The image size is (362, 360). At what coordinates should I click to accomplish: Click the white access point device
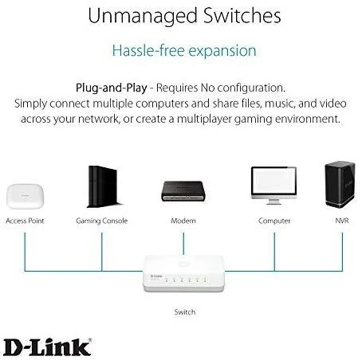[26, 197]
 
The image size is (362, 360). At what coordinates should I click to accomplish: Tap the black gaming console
[104, 186]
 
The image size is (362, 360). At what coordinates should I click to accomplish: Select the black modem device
[183, 191]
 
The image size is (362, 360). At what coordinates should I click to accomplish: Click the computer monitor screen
[273, 182]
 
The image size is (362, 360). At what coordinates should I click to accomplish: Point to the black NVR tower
[340, 184]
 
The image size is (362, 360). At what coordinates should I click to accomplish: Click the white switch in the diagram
[183, 273]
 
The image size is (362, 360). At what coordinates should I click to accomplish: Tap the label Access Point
[25, 221]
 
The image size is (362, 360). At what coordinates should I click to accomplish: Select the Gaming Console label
[102, 221]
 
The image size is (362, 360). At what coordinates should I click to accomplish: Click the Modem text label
[183, 221]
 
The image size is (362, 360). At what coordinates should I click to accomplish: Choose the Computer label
[274, 221]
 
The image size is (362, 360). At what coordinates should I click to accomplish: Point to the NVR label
[342, 221]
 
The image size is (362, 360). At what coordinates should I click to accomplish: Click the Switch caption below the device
[185, 312]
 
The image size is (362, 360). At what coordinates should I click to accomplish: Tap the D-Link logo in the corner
[48, 347]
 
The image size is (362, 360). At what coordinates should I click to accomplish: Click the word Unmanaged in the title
[143, 16]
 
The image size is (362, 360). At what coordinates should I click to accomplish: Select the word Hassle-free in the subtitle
[148, 50]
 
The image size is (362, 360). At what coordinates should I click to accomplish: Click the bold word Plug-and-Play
[112, 88]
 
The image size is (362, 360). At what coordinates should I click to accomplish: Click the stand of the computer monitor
[273, 202]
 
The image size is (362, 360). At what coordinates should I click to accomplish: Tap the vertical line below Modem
[183, 244]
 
